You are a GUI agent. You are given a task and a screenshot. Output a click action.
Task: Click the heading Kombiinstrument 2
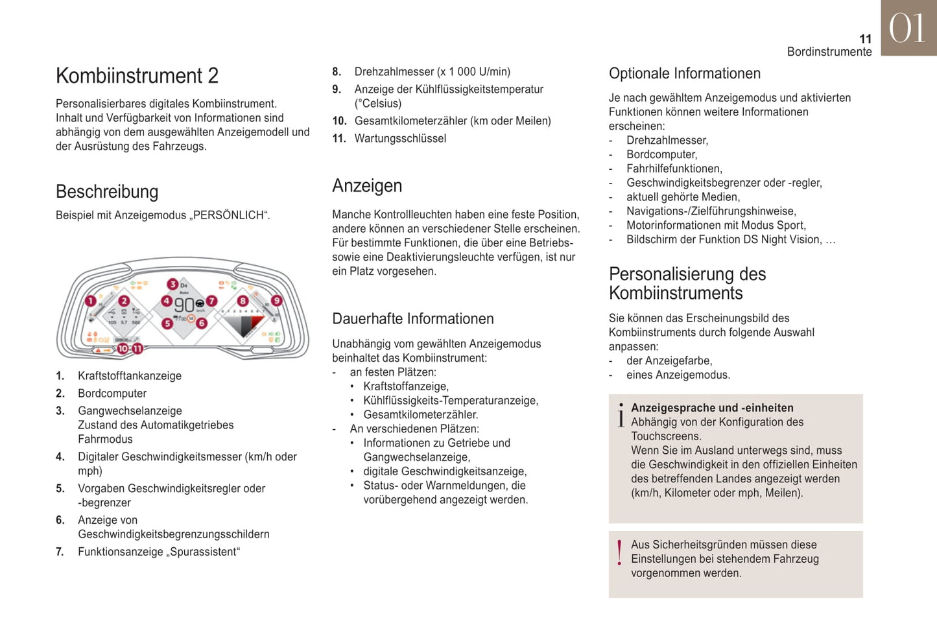tap(137, 76)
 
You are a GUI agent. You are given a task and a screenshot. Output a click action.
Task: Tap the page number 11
tap(865, 39)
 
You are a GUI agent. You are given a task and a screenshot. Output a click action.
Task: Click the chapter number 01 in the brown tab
tap(907, 29)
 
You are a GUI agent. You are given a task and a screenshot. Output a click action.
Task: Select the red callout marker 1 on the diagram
tap(91, 301)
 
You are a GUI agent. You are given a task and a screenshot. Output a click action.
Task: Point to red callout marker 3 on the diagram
tap(172, 284)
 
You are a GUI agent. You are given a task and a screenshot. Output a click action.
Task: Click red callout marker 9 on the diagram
tap(277, 301)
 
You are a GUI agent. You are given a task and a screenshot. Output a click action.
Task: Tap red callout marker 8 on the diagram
tap(243, 301)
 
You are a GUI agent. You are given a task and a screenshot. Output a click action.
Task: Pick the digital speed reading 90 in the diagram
tap(184, 305)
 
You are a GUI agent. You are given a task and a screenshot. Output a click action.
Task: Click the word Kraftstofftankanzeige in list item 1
tap(130, 376)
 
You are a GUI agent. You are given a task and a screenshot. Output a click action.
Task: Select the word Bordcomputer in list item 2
tap(112, 394)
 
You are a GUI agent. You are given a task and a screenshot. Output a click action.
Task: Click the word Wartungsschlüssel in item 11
tap(400, 138)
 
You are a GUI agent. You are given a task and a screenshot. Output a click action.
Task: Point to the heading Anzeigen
tap(367, 186)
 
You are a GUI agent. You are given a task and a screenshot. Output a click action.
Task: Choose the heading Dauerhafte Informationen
tap(413, 319)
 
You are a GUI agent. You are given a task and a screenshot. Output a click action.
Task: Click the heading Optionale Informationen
tap(684, 74)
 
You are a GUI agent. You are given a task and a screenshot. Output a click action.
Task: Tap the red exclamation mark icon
tap(620, 553)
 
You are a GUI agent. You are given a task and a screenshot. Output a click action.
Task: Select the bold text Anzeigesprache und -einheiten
tap(712, 408)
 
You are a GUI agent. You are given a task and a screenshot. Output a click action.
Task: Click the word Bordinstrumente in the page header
tap(829, 52)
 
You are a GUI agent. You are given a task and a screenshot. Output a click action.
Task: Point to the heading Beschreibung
tap(107, 192)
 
